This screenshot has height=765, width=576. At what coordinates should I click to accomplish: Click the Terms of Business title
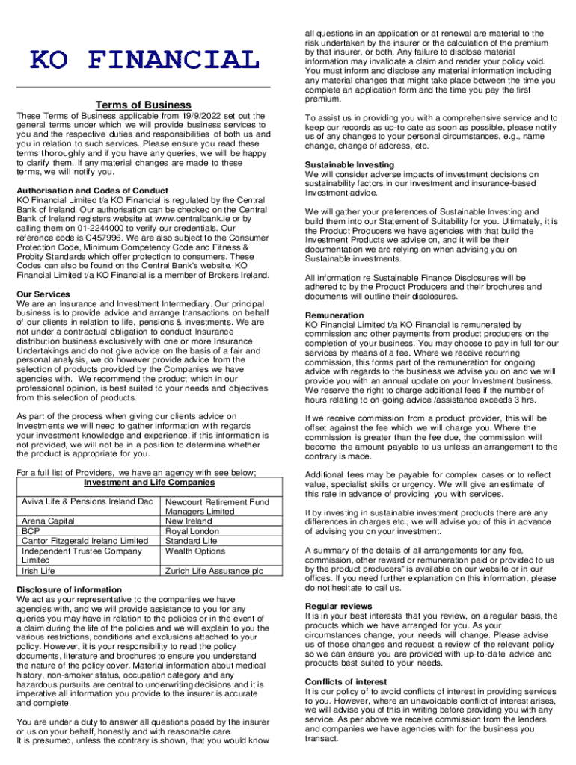click(x=143, y=105)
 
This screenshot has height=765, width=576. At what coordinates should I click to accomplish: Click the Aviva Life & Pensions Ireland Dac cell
click(x=88, y=501)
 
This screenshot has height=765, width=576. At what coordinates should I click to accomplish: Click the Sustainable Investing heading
click(x=349, y=164)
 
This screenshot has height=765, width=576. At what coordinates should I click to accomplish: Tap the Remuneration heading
click(x=334, y=315)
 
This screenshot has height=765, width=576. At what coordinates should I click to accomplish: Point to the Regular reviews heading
click(x=338, y=606)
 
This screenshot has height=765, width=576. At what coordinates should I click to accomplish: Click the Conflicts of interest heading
click(x=346, y=682)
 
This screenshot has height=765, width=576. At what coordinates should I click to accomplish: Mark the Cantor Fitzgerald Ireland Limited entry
click(x=85, y=540)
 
